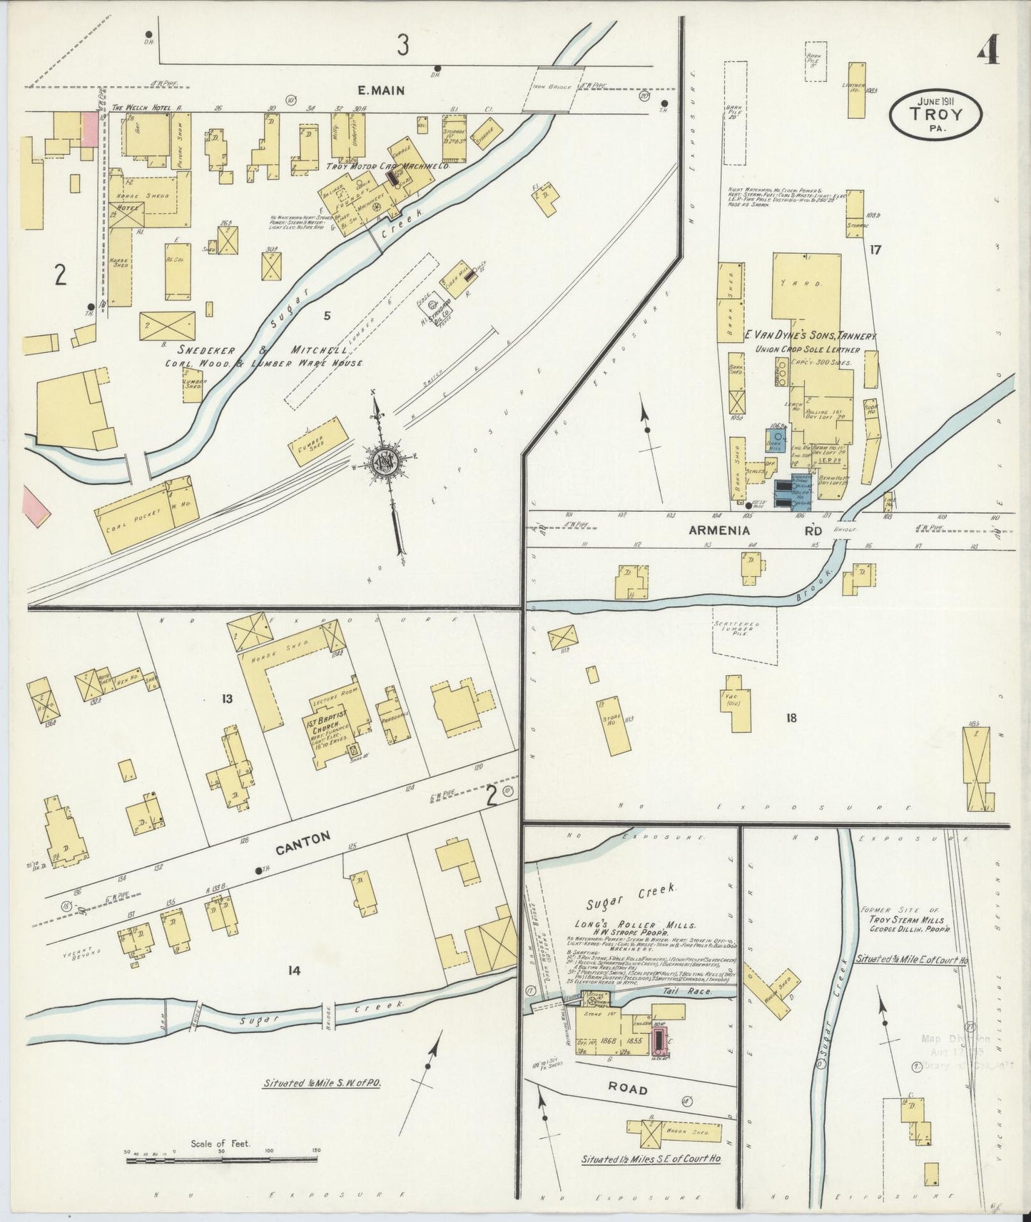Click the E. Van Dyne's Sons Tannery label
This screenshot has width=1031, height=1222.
(811, 335)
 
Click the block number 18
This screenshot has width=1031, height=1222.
(790, 718)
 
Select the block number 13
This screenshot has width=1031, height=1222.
(227, 699)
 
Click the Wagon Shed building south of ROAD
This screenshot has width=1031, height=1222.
(674, 1131)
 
